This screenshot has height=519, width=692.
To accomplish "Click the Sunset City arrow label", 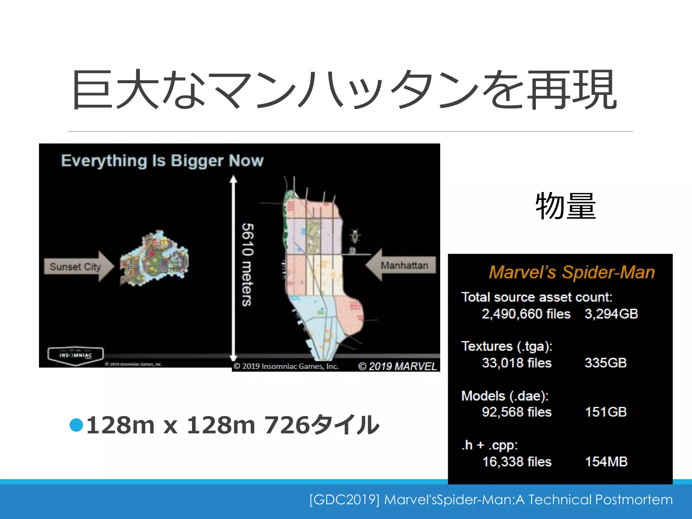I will (75, 267).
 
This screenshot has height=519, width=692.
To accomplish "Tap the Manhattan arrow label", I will (404, 265).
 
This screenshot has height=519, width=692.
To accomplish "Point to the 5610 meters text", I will (248, 265).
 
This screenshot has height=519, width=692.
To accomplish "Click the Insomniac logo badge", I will (75, 355).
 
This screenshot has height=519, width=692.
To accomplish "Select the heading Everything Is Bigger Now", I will (162, 160).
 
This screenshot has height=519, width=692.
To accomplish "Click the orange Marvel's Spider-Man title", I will (572, 272).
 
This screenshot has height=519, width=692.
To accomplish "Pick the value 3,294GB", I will (611, 314).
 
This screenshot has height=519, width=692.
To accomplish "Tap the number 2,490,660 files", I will (526, 314).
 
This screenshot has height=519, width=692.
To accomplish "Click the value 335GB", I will (605, 363).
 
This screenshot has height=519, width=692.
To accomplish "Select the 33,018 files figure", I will (517, 363).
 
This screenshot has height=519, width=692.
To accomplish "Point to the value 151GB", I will (606, 412).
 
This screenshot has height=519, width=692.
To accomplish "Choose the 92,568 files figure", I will (517, 412).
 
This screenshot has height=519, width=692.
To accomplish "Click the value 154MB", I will (606, 462).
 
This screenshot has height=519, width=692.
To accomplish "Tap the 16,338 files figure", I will (517, 462).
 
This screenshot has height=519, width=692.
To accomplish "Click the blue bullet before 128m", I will (76, 425).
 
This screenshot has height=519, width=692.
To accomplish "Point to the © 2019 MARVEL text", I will (397, 366).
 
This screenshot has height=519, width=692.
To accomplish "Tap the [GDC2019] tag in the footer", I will (345, 499).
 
